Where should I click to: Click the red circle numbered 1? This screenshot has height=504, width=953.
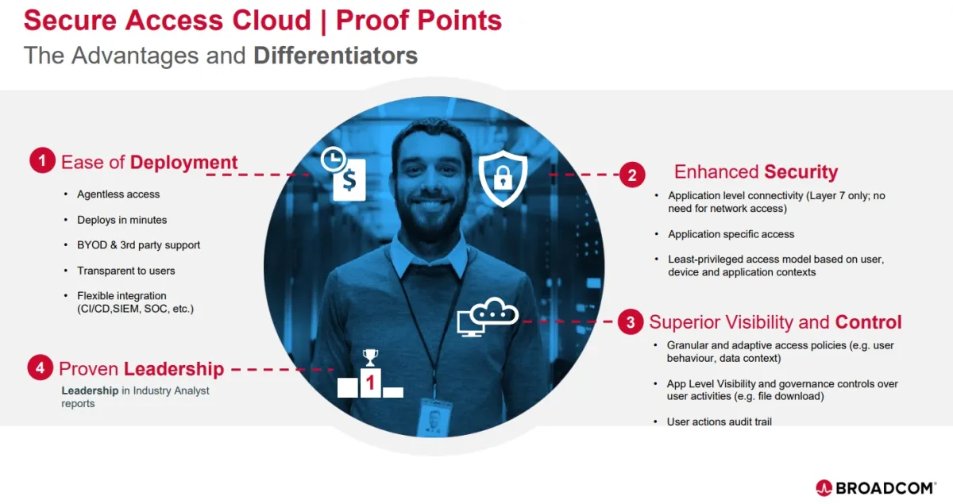pyautogui.click(x=42, y=160)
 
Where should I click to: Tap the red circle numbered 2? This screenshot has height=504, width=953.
pyautogui.click(x=632, y=175)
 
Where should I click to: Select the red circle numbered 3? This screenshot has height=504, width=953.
pyautogui.click(x=631, y=321)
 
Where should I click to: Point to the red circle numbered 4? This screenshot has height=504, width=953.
pyautogui.click(x=40, y=367)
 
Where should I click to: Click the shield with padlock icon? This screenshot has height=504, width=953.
pyautogui.click(x=503, y=179)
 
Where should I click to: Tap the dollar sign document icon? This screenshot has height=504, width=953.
pyautogui.click(x=349, y=180)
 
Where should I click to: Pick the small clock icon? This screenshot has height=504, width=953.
pyautogui.click(x=333, y=159)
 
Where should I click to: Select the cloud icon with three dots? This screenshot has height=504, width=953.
pyautogui.click(x=493, y=312)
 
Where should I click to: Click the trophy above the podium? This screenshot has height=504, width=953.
pyautogui.click(x=370, y=358)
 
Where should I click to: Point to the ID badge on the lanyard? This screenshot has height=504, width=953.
pyautogui.click(x=434, y=416)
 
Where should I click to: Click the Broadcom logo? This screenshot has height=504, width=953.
pyautogui.click(x=876, y=488)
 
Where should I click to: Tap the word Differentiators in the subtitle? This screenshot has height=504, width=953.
pyautogui.click(x=336, y=56)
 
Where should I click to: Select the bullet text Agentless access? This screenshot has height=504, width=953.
pyautogui.click(x=118, y=194)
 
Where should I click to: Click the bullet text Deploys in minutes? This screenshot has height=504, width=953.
pyautogui.click(x=122, y=220)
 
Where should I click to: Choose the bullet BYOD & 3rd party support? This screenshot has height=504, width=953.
pyautogui.click(x=138, y=245)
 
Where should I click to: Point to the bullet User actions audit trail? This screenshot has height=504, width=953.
pyautogui.click(x=719, y=421)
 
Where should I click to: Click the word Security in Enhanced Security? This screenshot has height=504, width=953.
pyautogui.click(x=801, y=171)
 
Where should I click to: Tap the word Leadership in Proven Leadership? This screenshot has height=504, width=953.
pyautogui.click(x=174, y=369)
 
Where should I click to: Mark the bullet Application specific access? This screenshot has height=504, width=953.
pyautogui.click(x=731, y=234)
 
